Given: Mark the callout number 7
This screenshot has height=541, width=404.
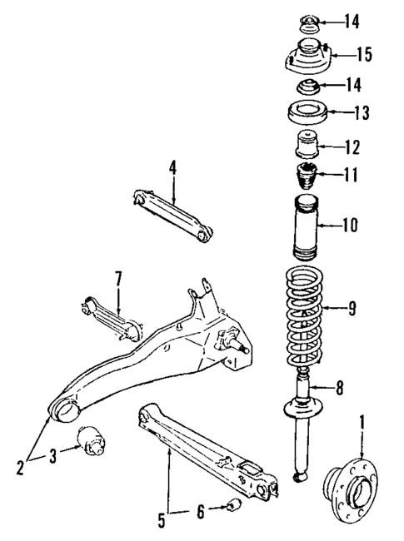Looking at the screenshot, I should (118, 276).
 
